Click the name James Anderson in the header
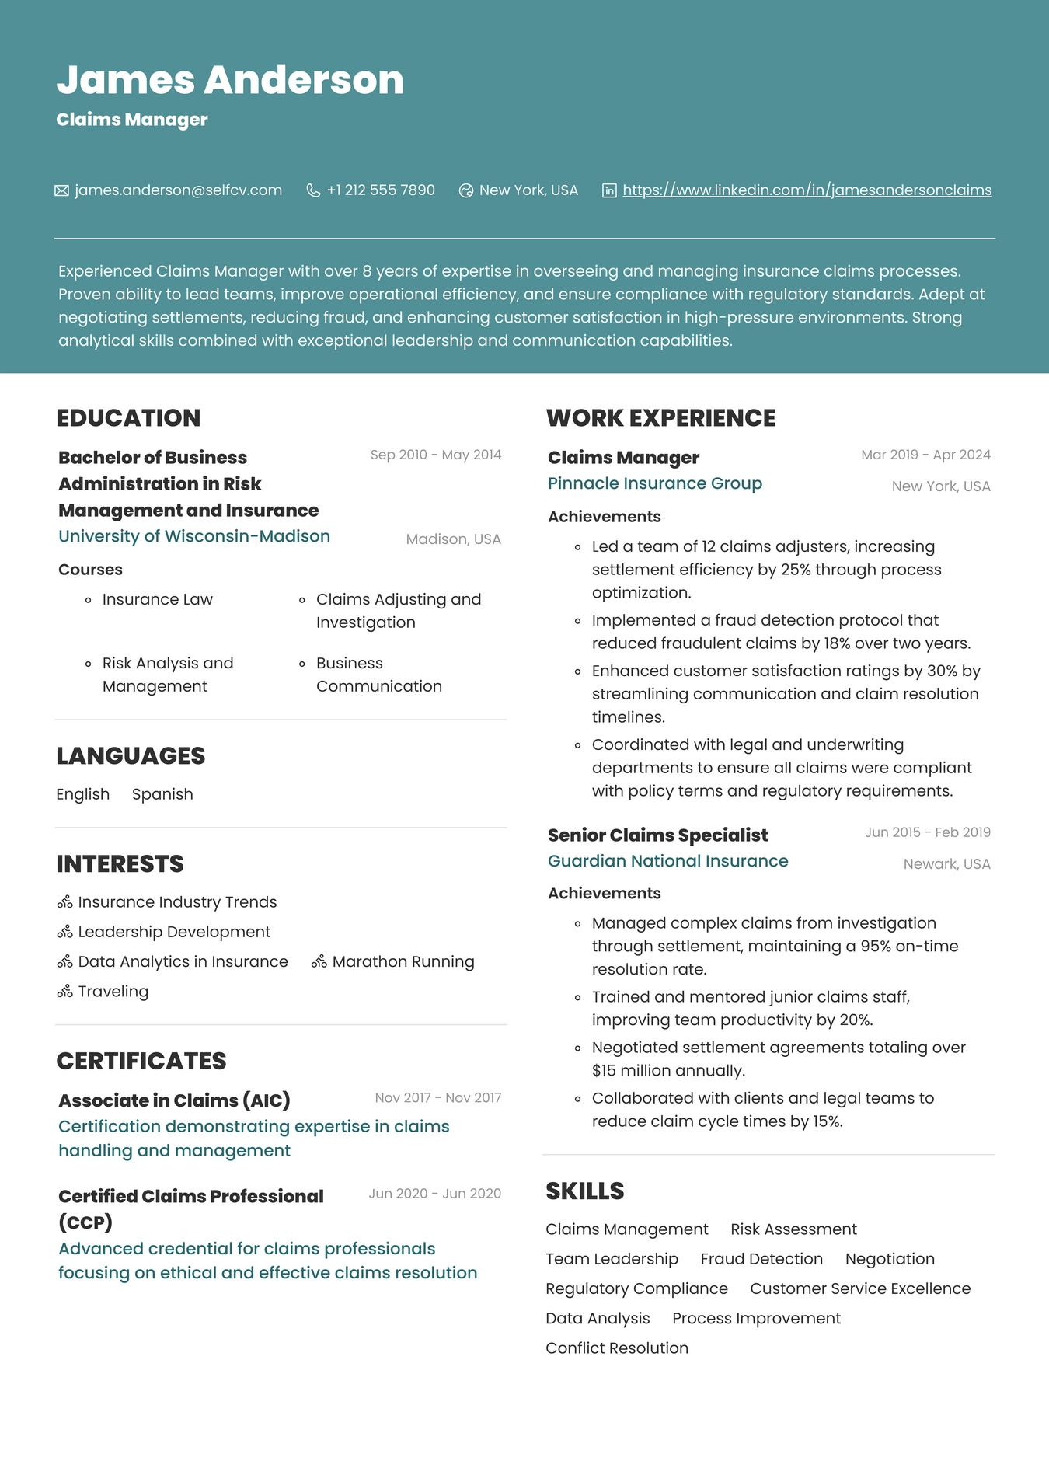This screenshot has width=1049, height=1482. pyautogui.click(x=230, y=80)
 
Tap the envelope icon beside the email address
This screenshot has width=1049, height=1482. pyautogui.click(x=61, y=190)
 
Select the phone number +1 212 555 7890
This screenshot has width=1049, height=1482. pyautogui.click(x=381, y=190)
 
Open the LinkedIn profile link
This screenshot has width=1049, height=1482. pyautogui.click(x=807, y=190)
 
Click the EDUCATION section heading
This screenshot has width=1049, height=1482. pyautogui.click(x=128, y=418)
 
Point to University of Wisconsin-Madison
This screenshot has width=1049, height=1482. pyautogui.click(x=194, y=536)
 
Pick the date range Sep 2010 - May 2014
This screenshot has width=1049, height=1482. pyautogui.click(x=435, y=455)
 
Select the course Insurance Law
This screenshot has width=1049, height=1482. pyautogui.click(x=157, y=599)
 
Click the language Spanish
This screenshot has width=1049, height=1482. pyautogui.click(x=162, y=794)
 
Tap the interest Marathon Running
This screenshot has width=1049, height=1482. pyautogui.click(x=403, y=961)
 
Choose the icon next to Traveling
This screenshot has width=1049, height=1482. pyautogui.click(x=64, y=992)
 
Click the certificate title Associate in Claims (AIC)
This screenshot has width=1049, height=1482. pyautogui.click(x=174, y=1100)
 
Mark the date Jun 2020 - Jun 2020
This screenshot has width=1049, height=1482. pyautogui.click(x=434, y=1194)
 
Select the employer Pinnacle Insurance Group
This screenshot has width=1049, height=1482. pyautogui.click(x=655, y=483)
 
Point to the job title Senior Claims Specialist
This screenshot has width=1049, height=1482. pyautogui.click(x=657, y=835)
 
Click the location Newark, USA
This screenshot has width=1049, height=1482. pyautogui.click(x=946, y=864)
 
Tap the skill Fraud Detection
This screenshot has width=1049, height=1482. pyautogui.click(x=761, y=1259)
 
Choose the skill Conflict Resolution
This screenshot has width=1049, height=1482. pyautogui.click(x=617, y=1348)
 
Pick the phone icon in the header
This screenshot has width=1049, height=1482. pyautogui.click(x=313, y=190)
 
